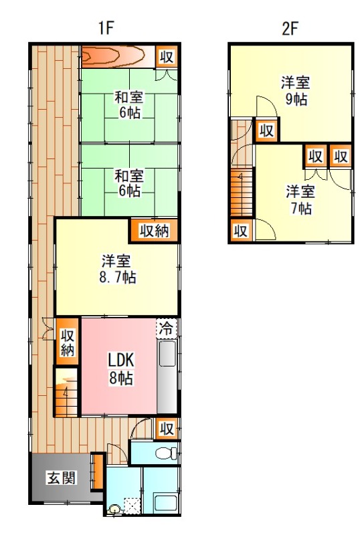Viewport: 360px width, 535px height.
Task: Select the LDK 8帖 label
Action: click(x=121, y=367)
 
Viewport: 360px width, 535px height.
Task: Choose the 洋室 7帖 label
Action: click(x=299, y=199)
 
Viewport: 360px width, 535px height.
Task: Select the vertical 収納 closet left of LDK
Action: click(x=67, y=342)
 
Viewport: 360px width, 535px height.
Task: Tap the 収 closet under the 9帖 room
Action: click(x=266, y=130)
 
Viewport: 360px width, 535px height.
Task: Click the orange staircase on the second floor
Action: click(x=240, y=191)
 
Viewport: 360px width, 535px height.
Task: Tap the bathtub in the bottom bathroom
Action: click(x=163, y=501)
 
